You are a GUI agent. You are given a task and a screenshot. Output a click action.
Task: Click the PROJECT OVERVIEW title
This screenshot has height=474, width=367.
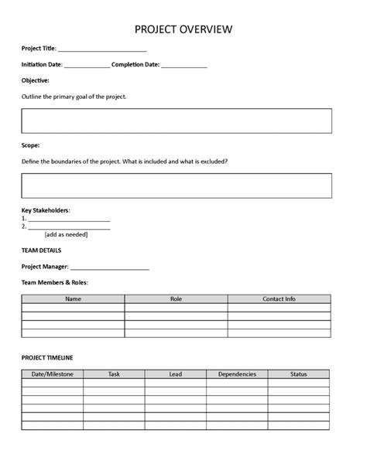click(183, 29)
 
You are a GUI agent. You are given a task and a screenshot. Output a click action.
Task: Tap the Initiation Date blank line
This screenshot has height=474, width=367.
click(87, 66)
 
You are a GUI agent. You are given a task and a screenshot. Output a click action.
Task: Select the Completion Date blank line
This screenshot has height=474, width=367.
click(184, 66)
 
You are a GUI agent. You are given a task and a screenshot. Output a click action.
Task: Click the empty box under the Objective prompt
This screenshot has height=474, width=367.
click(177, 121)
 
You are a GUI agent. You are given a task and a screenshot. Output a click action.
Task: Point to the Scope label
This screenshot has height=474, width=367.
click(31, 145)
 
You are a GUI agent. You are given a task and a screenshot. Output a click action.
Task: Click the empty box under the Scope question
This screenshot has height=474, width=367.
click(177, 186)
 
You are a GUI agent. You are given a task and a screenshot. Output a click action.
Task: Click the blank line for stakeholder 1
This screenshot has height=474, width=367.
click(69, 220)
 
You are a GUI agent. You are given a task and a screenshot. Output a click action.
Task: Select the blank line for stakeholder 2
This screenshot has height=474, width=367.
click(69, 228)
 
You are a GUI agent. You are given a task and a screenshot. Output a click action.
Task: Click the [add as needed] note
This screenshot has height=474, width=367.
click(67, 235)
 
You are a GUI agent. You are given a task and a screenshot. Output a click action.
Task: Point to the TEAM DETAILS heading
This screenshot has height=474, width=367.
click(42, 251)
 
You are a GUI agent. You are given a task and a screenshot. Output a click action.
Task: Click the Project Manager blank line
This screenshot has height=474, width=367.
click(115, 268)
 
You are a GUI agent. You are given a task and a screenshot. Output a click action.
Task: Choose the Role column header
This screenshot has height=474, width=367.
click(176, 298)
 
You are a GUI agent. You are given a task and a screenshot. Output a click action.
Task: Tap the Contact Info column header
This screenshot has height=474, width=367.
click(279, 298)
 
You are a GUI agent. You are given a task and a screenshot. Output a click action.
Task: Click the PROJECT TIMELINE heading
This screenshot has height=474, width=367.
click(48, 358)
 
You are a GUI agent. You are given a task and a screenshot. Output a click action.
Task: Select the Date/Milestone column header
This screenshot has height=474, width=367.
click(52, 374)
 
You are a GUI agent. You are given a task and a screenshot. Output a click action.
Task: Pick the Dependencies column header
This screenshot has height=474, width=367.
click(237, 374)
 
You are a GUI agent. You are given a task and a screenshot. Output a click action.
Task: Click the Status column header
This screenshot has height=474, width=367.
click(298, 374)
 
